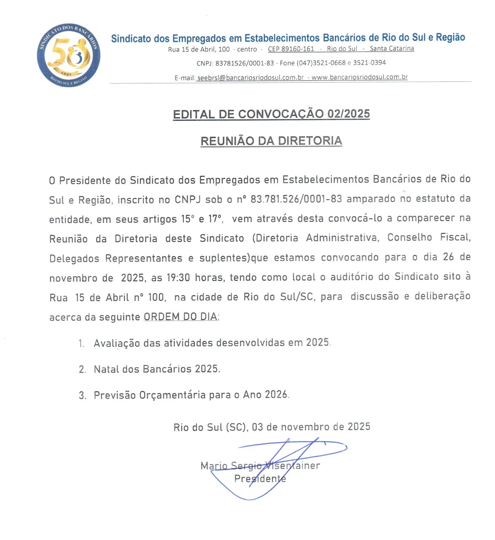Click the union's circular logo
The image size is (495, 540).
pyautogui.click(x=69, y=56)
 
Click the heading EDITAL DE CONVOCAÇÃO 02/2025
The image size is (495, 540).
pyautogui.click(x=271, y=114)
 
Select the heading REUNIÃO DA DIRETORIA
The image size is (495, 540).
pyautogui.click(x=271, y=141)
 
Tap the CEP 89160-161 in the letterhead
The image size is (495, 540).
pyautogui.click(x=291, y=49)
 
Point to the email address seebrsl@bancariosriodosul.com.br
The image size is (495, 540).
pyautogui.click(x=250, y=78)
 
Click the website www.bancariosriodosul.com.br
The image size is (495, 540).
pyautogui.click(x=359, y=77)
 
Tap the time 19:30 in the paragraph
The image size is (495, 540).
pyautogui.click(x=178, y=278)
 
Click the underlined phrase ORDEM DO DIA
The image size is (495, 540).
pyautogui.click(x=181, y=316)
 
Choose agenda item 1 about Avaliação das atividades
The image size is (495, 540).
pyautogui.click(x=212, y=343)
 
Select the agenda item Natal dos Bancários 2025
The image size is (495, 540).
pyautogui.click(x=156, y=369)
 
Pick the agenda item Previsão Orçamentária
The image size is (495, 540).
pyautogui.click(x=191, y=395)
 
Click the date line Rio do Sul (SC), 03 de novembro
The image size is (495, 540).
pyautogui.click(x=272, y=427)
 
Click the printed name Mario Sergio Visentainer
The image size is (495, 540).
pyautogui.click(x=260, y=466)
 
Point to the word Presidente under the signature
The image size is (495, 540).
pyautogui.click(x=260, y=479)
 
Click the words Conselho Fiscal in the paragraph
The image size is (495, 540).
pyautogui.click(x=428, y=238)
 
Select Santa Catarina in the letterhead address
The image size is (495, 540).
pyautogui.click(x=392, y=49)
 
